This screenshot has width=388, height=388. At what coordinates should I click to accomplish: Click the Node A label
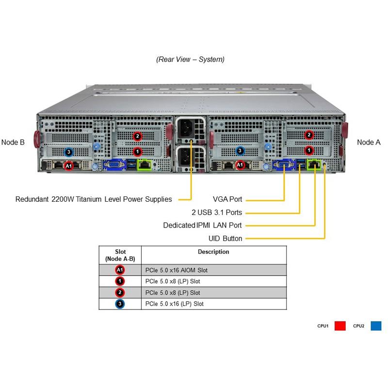click(x=369, y=142)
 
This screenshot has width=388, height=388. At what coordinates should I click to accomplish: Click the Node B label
click(x=13, y=142)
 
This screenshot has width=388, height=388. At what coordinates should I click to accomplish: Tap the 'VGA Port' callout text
click(x=227, y=199)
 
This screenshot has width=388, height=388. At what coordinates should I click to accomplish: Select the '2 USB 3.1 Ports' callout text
click(x=216, y=212)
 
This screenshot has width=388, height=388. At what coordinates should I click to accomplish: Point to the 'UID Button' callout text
click(x=225, y=238)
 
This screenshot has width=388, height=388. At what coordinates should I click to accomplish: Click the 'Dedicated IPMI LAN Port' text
click(x=202, y=225)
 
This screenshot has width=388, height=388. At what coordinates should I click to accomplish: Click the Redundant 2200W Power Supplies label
click(x=94, y=199)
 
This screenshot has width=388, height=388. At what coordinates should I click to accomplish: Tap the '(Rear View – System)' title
click(x=190, y=60)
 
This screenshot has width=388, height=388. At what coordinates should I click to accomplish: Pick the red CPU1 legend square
click(x=340, y=326)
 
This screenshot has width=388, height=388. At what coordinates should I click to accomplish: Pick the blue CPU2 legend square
click(x=376, y=326)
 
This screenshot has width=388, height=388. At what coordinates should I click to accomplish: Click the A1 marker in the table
click(x=120, y=270)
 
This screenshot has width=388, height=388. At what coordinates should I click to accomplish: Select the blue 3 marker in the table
click(x=120, y=304)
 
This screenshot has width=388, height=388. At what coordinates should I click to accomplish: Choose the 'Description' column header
click(x=213, y=252)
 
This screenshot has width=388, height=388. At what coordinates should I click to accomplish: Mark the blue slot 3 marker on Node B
click(x=69, y=152)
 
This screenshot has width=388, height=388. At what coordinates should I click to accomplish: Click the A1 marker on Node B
click(x=69, y=165)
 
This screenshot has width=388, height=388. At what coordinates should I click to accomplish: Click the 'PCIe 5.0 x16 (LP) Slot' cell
click(x=175, y=304)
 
